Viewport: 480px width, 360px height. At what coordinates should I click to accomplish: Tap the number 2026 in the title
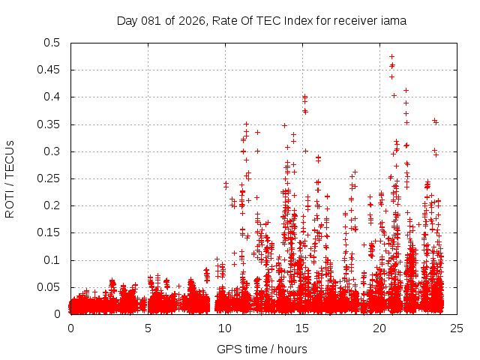[186, 21]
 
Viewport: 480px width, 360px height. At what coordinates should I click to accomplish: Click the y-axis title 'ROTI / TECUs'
[10, 178]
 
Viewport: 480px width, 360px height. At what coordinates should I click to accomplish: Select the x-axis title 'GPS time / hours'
[262, 349]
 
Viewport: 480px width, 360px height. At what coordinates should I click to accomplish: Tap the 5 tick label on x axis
[148, 328]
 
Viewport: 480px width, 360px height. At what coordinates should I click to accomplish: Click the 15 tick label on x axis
[302, 328]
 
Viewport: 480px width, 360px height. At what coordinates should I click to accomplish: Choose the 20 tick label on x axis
[379, 328]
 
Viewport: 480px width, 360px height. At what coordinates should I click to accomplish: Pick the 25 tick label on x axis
[457, 328]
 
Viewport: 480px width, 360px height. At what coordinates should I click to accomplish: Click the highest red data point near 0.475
[391, 56]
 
